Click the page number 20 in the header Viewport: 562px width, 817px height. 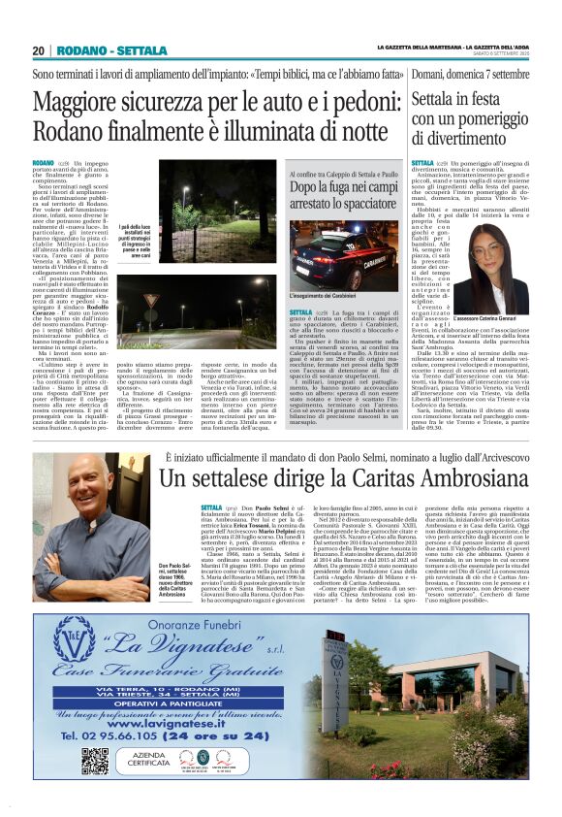pos(38,50)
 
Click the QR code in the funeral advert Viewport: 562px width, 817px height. pos(94,760)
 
